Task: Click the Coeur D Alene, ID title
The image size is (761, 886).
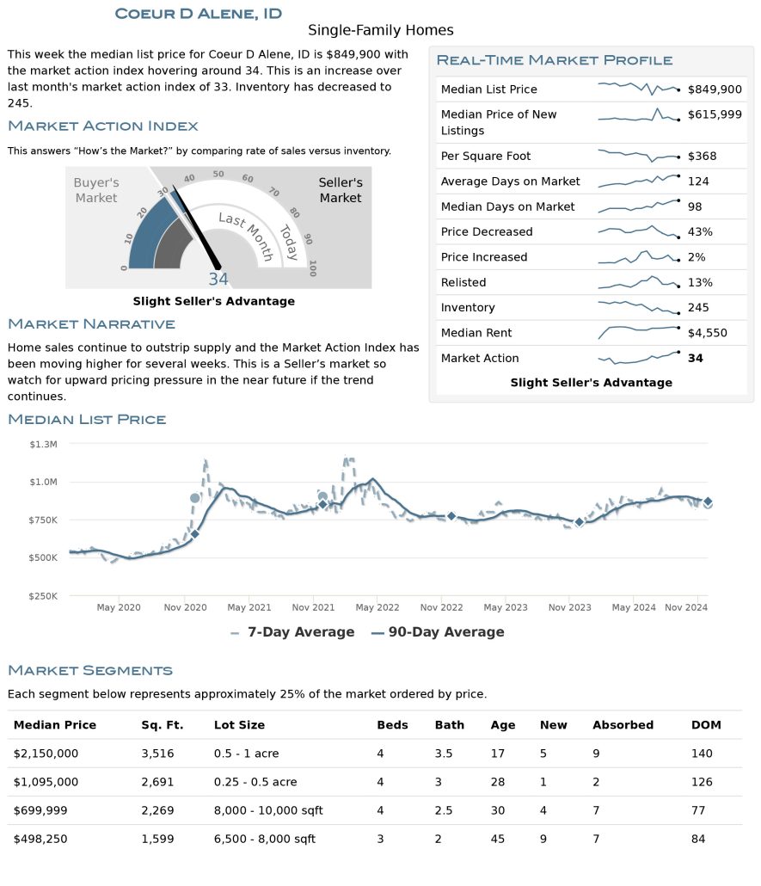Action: tap(199, 14)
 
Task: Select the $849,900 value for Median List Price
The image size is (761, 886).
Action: tap(715, 89)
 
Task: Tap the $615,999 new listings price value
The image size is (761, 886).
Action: tap(715, 114)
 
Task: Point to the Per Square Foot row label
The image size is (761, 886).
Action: tap(486, 156)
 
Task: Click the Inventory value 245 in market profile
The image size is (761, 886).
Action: tap(698, 307)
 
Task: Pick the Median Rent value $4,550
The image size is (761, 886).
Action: tap(708, 333)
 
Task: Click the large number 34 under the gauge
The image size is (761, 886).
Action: tap(218, 280)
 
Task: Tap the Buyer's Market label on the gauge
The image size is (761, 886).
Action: tap(96, 190)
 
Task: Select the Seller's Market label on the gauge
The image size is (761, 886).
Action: tap(341, 190)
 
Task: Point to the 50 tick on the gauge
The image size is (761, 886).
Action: tap(218, 174)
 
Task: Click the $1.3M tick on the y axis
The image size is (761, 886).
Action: tap(44, 444)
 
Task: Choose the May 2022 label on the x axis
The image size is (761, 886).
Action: tap(377, 607)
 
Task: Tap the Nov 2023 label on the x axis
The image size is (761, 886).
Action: tap(570, 607)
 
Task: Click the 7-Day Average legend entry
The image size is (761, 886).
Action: tap(292, 631)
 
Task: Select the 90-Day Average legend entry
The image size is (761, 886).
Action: tap(438, 631)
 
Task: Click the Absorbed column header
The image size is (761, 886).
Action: tap(623, 725)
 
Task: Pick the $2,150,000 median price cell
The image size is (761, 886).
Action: tap(46, 754)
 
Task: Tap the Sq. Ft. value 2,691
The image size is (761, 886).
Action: tap(157, 782)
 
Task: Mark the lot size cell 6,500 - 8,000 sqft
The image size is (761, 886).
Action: tap(264, 839)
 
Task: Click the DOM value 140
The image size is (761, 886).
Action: tap(702, 754)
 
